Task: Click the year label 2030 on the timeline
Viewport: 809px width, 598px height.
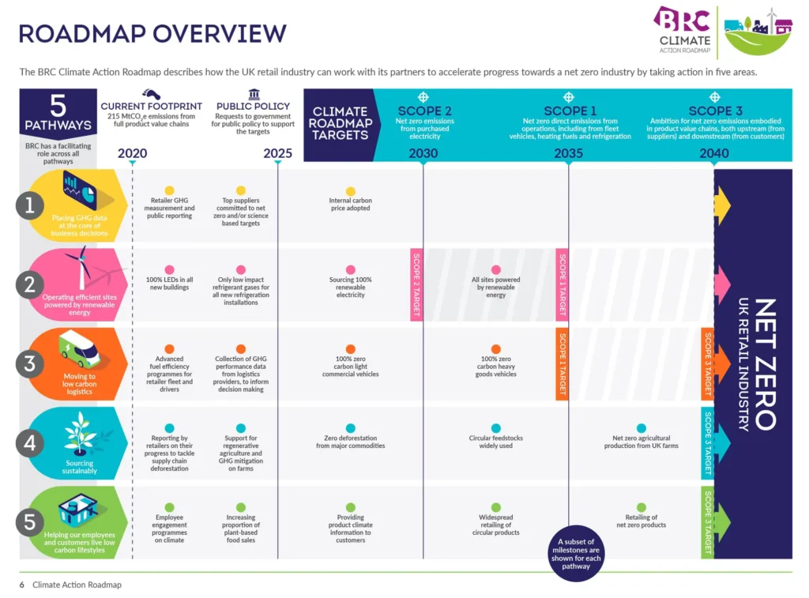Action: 423,153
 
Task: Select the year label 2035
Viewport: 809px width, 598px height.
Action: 568,153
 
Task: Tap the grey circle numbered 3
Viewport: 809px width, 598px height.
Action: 30,363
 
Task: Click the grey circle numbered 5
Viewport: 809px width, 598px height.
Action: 30,522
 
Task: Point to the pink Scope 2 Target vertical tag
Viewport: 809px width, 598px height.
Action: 416,284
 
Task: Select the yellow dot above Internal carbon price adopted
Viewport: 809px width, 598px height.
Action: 351,190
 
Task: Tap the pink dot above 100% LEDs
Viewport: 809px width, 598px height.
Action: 169,270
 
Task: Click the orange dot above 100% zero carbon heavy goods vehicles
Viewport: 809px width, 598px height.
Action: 495,349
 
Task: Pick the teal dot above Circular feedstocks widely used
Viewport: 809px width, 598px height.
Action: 495,428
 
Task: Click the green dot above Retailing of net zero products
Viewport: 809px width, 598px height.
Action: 641,507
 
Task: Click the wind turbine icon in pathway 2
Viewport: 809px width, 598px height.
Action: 81,269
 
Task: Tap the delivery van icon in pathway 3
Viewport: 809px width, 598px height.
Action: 80,349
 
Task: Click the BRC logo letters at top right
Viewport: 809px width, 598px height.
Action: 681,21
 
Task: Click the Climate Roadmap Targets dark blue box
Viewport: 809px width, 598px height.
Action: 338,123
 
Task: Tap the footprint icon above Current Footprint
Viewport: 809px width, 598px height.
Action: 152,94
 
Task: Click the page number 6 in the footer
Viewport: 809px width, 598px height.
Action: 22,585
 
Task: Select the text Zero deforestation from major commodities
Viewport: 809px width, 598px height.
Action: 351,442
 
